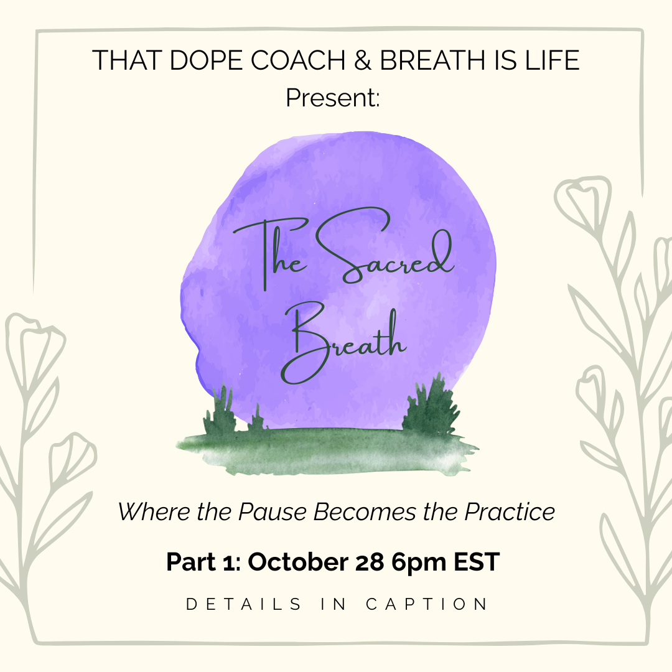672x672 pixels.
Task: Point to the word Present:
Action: click(x=333, y=97)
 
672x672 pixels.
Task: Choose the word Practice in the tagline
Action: click(x=508, y=512)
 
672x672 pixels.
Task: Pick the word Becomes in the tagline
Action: click(x=363, y=512)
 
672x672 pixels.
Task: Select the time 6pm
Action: click(x=416, y=562)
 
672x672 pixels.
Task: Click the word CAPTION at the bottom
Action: click(x=427, y=604)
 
